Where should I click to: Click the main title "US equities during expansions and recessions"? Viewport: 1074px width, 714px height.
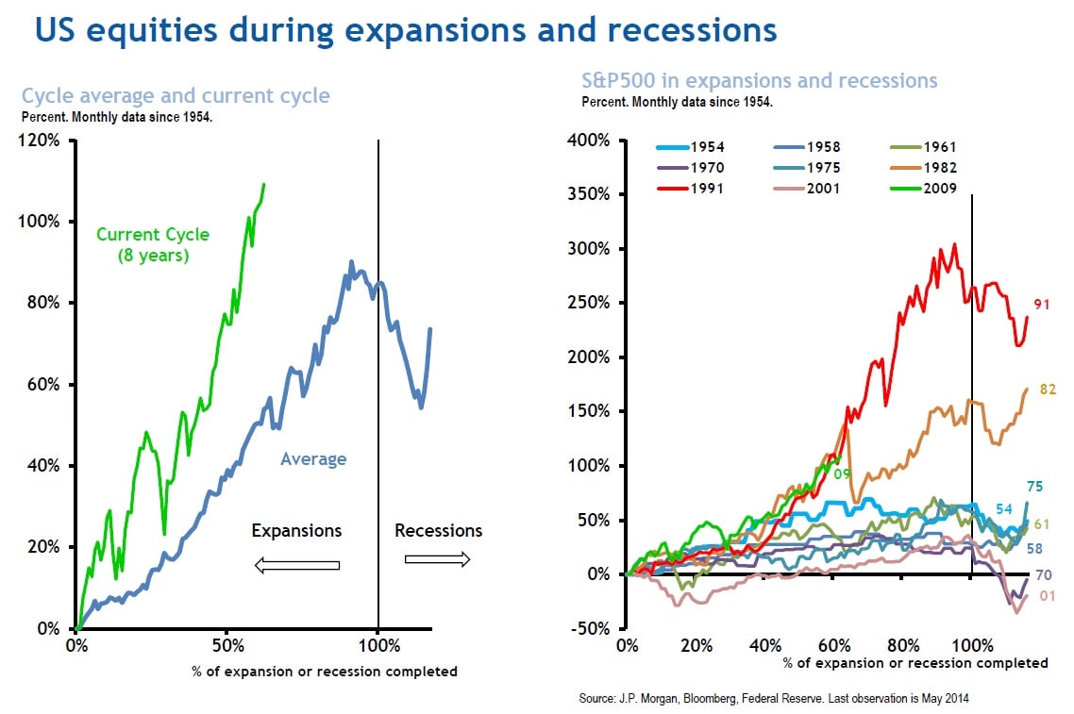pos(406,30)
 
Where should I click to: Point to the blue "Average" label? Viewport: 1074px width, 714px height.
pos(313,460)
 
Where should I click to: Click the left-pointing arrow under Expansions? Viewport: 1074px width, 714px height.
pos(296,565)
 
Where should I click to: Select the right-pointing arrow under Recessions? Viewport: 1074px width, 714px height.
pos(437,559)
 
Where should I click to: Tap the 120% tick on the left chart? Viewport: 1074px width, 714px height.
pos(41,141)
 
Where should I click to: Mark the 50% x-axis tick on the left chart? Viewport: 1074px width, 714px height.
pos(227,647)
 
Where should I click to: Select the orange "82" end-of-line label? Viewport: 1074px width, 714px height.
pos(1047,389)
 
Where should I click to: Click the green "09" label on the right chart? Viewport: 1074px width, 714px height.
pos(842,473)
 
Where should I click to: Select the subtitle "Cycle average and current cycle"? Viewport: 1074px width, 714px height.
pos(176,96)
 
